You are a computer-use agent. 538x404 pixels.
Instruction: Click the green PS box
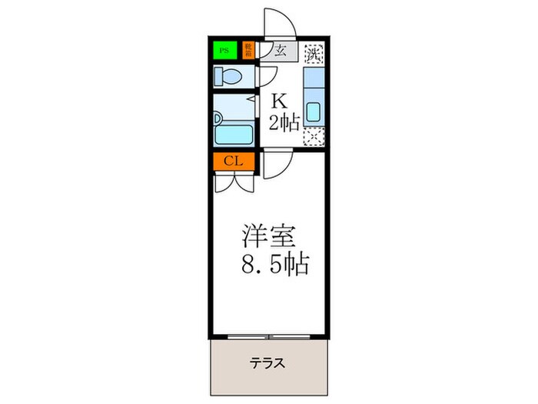point(225,52)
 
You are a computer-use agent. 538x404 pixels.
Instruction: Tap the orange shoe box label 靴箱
point(248,52)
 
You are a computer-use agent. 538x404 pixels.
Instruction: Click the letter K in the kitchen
point(278,101)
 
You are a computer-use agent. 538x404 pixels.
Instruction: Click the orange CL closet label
point(234,162)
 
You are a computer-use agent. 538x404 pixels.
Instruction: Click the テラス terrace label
point(268,363)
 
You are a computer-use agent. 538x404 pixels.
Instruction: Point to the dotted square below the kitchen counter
point(313,138)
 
